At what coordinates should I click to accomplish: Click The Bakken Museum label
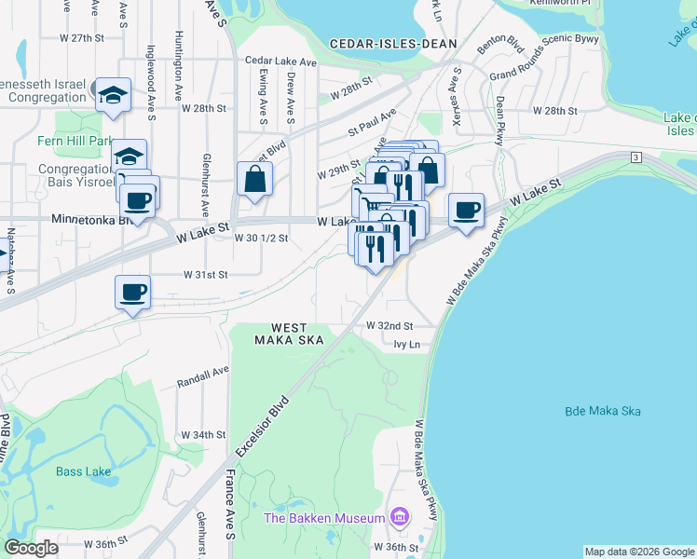pos(324,518)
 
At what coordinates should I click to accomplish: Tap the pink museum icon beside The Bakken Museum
pos(400,516)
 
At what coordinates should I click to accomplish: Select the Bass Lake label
pos(83,471)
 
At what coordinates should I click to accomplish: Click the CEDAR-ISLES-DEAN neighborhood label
pos(393,44)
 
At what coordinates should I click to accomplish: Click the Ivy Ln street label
pos(407,345)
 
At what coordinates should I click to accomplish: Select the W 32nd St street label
pos(389,326)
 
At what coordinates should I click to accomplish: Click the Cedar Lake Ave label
pos(281,61)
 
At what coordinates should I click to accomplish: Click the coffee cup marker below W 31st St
pos(132,293)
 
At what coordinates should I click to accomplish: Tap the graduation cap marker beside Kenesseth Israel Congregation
pos(113,95)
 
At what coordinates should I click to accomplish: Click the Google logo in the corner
pos(32,548)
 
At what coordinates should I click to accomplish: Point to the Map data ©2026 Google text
pos(638,552)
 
